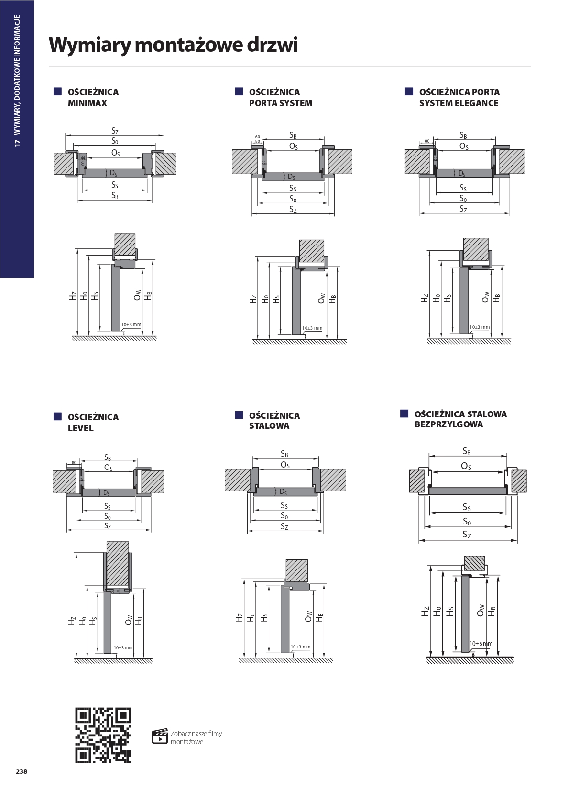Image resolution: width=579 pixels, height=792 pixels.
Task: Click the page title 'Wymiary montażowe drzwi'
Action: pyautogui.click(x=173, y=45)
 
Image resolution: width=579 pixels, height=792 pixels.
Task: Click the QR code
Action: pyautogui.click(x=103, y=735)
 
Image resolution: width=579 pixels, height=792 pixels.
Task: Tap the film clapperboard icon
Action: pyautogui.click(x=160, y=736)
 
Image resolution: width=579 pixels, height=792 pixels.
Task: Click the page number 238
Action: pyautogui.click(x=22, y=771)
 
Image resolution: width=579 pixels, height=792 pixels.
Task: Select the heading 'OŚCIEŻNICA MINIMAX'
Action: pyautogui.click(x=93, y=98)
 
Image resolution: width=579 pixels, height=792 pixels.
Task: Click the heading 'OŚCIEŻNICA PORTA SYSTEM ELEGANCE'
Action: pyautogui.click(x=459, y=98)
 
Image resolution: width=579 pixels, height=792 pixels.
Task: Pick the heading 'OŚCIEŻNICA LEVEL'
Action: pyautogui.click(x=93, y=422)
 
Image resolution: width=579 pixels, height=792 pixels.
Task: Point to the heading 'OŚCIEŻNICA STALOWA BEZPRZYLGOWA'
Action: pyautogui.click(x=460, y=419)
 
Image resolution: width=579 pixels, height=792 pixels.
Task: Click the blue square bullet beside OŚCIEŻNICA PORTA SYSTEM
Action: pyautogui.click(x=239, y=91)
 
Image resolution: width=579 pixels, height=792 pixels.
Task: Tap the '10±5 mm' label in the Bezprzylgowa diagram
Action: pyautogui.click(x=481, y=644)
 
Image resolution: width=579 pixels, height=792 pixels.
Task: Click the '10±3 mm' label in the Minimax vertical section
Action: pyautogui.click(x=131, y=324)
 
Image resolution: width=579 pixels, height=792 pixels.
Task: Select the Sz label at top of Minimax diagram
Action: pyautogui.click(x=115, y=131)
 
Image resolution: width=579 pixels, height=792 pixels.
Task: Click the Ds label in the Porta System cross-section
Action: pyautogui.click(x=291, y=177)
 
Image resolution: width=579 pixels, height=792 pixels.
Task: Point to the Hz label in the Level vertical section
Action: pyautogui.click(x=72, y=621)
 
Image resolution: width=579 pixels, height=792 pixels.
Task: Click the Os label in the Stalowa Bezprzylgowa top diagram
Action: pyautogui.click(x=466, y=466)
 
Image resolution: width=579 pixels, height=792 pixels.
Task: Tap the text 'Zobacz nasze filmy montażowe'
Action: pyautogui.click(x=196, y=737)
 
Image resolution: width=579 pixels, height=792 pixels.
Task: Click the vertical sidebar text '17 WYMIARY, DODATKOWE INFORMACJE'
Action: pyautogui.click(x=17, y=81)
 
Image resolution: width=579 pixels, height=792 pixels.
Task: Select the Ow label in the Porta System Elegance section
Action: pyautogui.click(x=486, y=297)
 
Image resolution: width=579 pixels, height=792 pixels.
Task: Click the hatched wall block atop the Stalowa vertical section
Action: pyautogui.click(x=296, y=570)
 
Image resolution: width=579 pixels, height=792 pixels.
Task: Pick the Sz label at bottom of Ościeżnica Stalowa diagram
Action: pyautogui.click(x=284, y=527)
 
